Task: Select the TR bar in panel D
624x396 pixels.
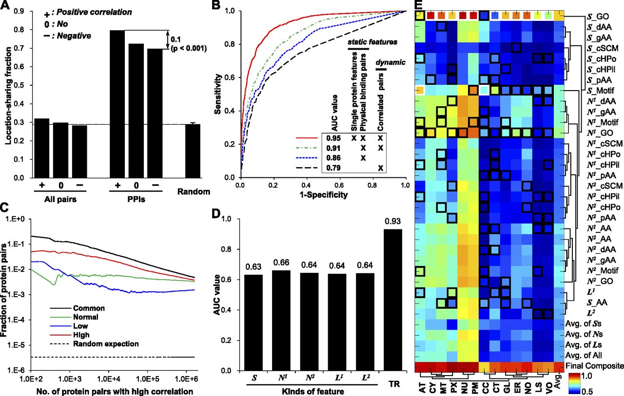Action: (x=393, y=300)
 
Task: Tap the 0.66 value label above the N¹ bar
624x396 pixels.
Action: (x=281, y=263)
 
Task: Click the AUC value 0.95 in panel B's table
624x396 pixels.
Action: (x=333, y=138)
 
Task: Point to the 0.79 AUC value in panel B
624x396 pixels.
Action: (x=333, y=168)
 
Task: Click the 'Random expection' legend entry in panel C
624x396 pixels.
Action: (x=106, y=344)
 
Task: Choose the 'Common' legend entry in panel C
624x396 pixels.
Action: (x=89, y=308)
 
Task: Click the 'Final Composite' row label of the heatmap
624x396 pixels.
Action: (x=594, y=366)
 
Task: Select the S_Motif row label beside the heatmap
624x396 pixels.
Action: (x=602, y=91)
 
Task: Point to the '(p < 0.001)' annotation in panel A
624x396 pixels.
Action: (x=189, y=49)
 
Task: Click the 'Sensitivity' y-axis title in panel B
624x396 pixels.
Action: (x=218, y=94)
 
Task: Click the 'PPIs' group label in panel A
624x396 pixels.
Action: (x=136, y=199)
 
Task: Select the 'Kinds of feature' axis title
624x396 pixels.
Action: (x=313, y=392)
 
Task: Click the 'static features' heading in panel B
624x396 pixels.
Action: (x=372, y=42)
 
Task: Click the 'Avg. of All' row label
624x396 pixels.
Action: (x=584, y=355)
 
